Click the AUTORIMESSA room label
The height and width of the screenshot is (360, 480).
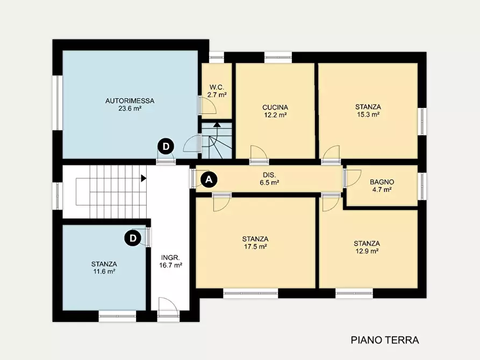(130, 100)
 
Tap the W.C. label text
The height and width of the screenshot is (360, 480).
(217, 87)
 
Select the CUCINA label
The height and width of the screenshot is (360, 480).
(275, 107)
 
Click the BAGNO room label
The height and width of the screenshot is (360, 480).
(382, 182)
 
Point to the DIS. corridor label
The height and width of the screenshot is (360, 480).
(269, 175)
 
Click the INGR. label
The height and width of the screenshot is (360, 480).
(170, 258)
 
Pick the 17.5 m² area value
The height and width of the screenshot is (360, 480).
(255, 247)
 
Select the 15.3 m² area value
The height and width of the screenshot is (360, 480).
(368, 114)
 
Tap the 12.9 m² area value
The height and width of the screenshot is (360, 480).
(367, 251)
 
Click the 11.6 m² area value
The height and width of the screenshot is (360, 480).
(104, 271)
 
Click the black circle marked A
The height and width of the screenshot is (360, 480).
(209, 179)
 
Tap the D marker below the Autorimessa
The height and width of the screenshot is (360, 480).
(166, 147)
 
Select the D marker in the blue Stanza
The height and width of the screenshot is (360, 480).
(133, 238)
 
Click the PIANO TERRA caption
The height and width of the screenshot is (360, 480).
(385, 340)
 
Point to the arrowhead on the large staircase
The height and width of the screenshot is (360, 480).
(144, 178)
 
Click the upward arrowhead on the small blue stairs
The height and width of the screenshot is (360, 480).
(217, 124)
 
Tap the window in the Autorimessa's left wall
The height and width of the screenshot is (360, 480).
(57, 103)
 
